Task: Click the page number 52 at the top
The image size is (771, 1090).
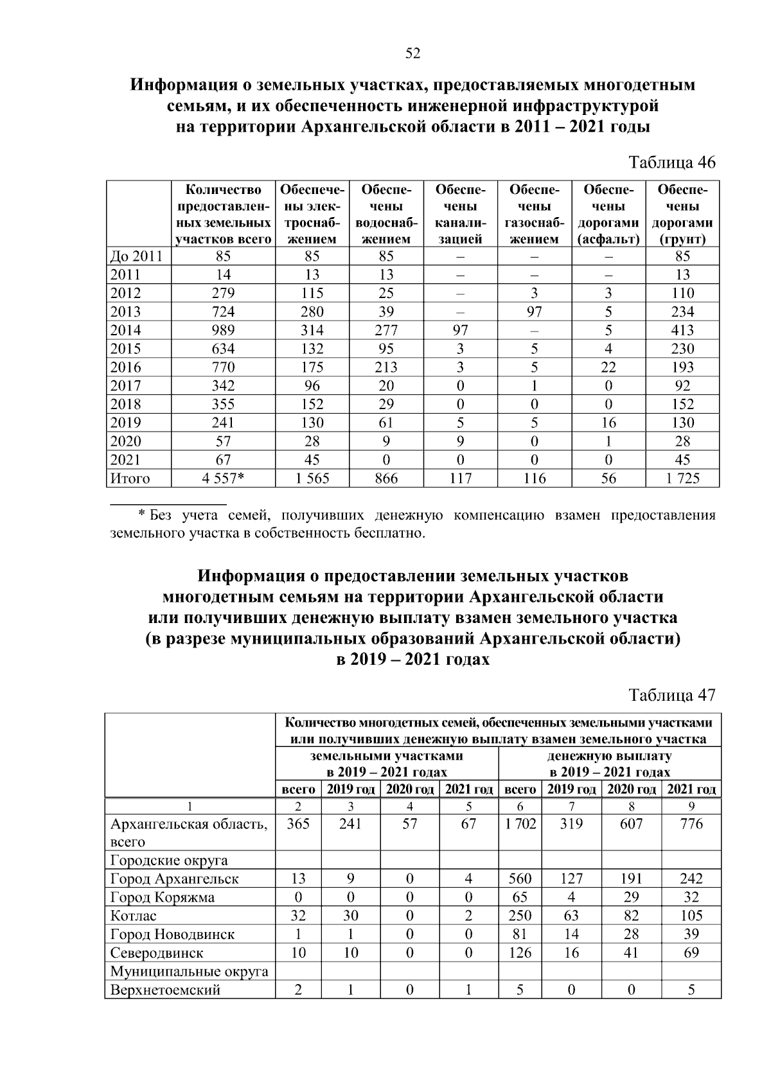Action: (412, 54)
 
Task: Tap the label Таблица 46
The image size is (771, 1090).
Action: (671, 162)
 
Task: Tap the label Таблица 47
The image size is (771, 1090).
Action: (671, 694)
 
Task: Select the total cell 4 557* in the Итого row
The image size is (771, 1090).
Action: (224, 479)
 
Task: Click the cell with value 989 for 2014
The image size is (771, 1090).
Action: (224, 330)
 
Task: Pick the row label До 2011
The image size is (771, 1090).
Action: (136, 256)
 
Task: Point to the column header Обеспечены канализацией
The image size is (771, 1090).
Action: (460, 215)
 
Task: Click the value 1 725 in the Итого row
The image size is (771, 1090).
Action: (682, 479)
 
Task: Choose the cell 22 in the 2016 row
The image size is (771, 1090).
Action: (608, 367)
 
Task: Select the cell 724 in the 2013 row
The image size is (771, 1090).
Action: (224, 312)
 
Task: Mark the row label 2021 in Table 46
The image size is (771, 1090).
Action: (125, 460)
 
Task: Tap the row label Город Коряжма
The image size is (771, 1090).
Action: (163, 897)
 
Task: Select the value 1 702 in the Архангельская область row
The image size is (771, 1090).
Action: (520, 824)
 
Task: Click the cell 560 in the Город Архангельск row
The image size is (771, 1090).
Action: (520, 879)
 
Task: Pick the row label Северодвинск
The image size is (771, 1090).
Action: (157, 953)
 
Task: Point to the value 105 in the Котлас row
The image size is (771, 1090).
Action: (691, 916)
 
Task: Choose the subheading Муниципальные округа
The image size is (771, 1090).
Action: (189, 971)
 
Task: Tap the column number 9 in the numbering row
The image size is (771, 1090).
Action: (691, 806)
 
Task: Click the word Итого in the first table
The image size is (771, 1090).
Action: (130, 479)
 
